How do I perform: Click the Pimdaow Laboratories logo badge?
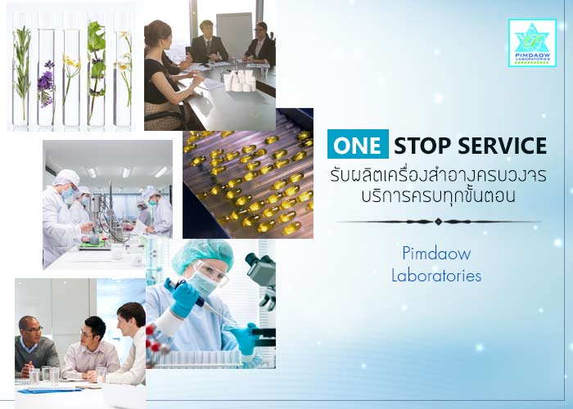pos(532,43)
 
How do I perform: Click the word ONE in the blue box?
pos(358,145)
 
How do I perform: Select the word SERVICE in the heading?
pos(502,146)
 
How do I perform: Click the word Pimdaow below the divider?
pos(436,253)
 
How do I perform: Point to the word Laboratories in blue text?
pos(436,275)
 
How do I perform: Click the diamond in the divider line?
pos(439,222)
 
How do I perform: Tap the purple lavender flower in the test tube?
pos(46,84)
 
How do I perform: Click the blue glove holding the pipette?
pos(183,297)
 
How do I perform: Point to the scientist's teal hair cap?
pos(203,255)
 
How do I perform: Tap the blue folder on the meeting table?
pos(50,390)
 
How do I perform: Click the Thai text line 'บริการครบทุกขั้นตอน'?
pos(438,196)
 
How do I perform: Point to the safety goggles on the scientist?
pos(210,272)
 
